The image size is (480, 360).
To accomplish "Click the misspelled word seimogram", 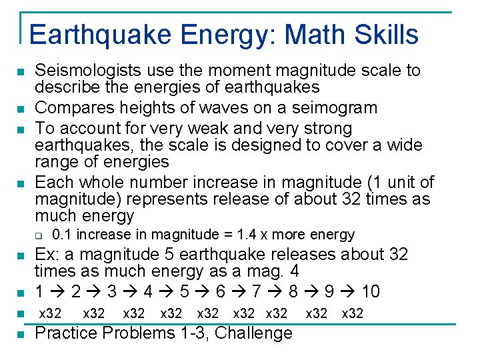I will pyautogui.click(x=339, y=107).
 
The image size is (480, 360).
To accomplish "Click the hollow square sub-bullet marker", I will pyautogui.click(x=38, y=235).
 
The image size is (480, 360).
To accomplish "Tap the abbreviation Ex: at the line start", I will pyautogui.click(x=47, y=254).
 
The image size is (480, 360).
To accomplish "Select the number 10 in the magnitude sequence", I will pyautogui.click(x=370, y=291).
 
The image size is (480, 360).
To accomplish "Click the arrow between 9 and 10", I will pyautogui.click(x=348, y=292).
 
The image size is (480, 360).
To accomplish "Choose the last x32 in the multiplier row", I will pyautogui.click(x=352, y=313).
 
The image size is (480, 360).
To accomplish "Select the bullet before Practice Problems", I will pyautogui.click(x=21, y=333).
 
